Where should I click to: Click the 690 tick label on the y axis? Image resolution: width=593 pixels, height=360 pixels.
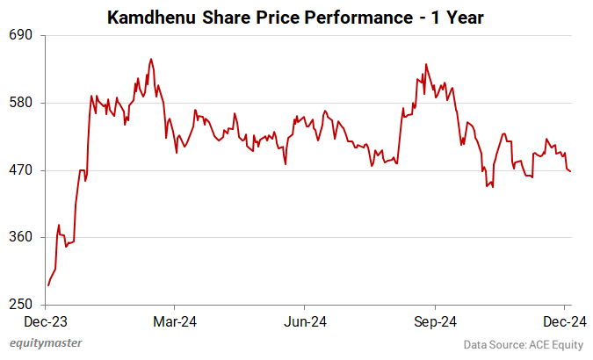coord(20,35)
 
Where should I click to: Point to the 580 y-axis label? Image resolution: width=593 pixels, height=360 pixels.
coord(20,103)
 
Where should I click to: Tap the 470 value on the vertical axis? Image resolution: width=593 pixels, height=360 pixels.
coord(20,170)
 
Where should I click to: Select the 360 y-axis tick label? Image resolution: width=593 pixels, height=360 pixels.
coord(20,238)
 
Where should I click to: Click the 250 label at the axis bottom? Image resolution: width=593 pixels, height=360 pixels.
coord(20,305)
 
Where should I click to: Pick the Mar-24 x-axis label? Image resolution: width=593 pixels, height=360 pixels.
coord(175,321)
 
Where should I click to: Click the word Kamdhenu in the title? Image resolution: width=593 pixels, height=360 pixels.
coord(151,17)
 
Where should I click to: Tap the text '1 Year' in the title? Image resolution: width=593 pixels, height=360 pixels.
coord(459,17)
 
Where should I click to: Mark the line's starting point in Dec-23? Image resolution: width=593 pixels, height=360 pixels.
coord(48,285)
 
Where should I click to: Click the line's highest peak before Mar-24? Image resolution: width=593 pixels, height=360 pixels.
coord(151,59)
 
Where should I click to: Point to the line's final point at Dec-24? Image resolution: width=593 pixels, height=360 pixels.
coord(570,171)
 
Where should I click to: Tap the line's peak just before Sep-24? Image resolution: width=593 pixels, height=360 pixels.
coord(426,64)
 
